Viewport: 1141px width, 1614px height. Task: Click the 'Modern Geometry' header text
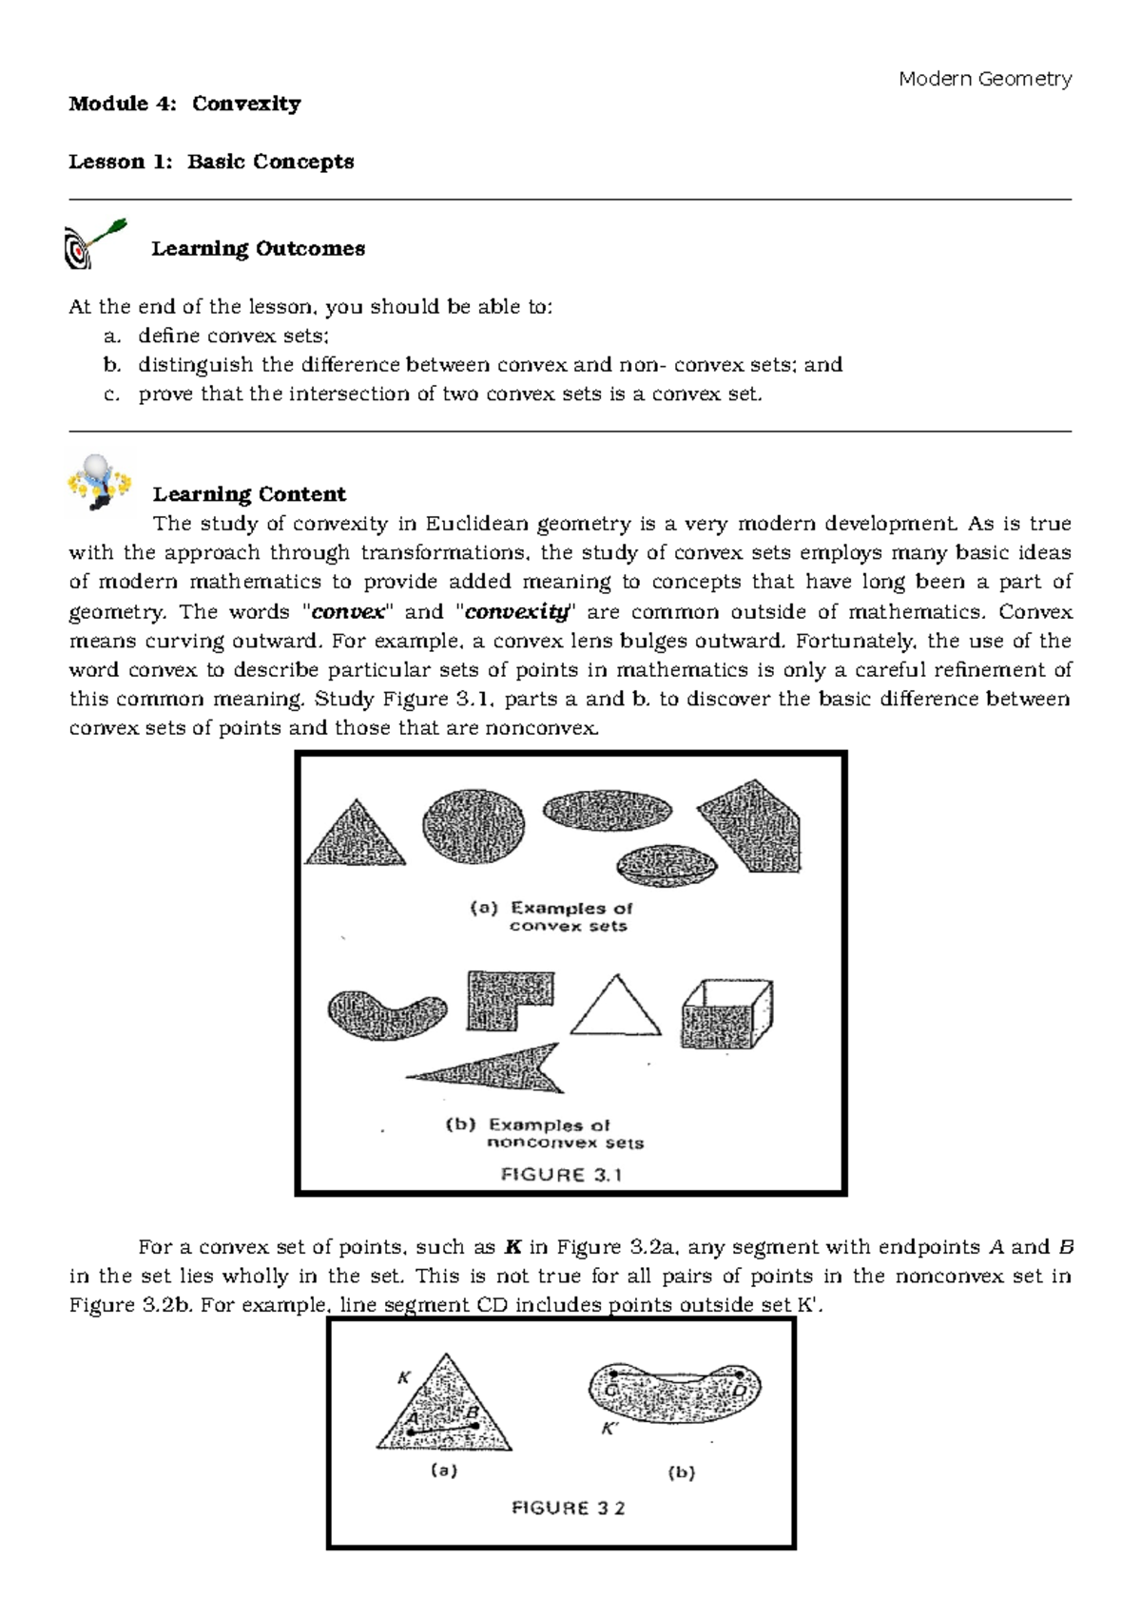(x=985, y=79)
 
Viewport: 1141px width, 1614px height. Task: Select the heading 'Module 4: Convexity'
(x=184, y=104)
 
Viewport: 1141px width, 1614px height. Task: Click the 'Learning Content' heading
(x=249, y=494)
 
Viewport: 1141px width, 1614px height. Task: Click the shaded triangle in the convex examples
(x=355, y=834)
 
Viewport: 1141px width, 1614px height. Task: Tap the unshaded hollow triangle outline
(x=615, y=1008)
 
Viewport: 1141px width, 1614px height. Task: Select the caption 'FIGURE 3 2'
(x=569, y=1508)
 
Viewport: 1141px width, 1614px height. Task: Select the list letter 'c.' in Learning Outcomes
(x=113, y=394)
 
